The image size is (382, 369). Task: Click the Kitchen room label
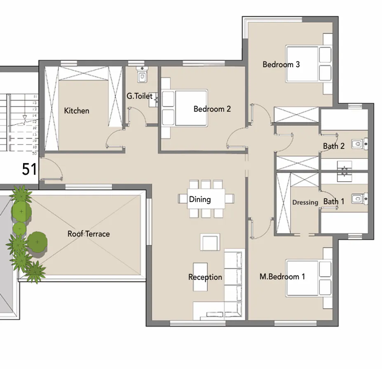77,111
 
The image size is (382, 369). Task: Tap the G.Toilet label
140,96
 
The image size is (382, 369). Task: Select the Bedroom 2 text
212,109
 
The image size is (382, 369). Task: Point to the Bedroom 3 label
281,64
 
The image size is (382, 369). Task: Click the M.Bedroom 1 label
282,277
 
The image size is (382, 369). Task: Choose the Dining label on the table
200,199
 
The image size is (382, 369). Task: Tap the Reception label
205,277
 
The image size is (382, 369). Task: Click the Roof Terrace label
89,234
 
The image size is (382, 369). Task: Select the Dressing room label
305,202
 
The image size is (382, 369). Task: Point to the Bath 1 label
334,201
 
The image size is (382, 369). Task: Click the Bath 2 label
334,146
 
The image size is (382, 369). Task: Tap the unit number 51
29,169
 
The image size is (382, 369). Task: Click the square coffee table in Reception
210,242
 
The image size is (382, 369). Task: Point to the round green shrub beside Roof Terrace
37,241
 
